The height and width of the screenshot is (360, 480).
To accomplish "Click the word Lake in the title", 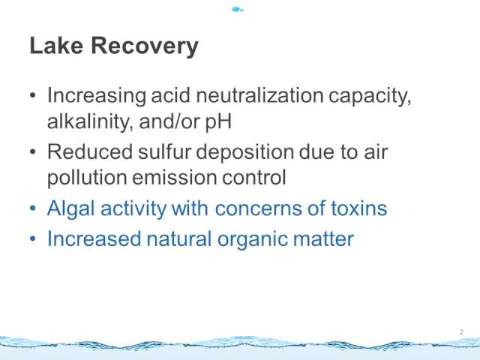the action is pyautogui.click(x=56, y=45).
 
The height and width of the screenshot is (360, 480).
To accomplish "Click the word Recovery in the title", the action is pyautogui.click(x=145, y=46).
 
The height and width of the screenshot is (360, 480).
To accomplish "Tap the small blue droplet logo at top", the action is pyautogui.click(x=238, y=10).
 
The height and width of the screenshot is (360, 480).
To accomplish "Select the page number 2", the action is pyautogui.click(x=461, y=332).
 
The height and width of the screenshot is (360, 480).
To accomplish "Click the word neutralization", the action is pyautogui.click(x=259, y=95).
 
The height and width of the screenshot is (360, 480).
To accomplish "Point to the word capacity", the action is pyautogui.click(x=370, y=97).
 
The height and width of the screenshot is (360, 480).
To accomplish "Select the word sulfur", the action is pyautogui.click(x=164, y=151).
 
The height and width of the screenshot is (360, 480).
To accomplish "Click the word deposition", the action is pyautogui.click(x=244, y=153).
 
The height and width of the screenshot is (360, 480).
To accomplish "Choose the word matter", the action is pyautogui.click(x=323, y=239).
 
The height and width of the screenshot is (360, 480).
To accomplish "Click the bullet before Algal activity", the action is pyautogui.click(x=33, y=208).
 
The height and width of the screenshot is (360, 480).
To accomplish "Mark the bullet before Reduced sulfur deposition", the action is pyautogui.click(x=33, y=151).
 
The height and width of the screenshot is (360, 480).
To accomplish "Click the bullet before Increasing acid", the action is pyautogui.click(x=33, y=95).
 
